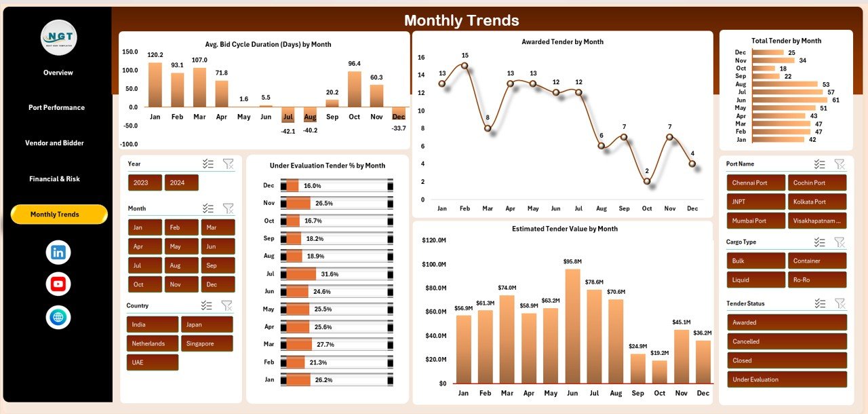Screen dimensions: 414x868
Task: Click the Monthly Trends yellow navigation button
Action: click(59, 214)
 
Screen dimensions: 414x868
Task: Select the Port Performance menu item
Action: click(56, 108)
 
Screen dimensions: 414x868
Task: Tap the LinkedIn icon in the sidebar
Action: click(58, 252)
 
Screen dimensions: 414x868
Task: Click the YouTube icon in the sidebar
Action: click(58, 284)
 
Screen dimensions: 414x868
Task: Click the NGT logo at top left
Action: click(58, 37)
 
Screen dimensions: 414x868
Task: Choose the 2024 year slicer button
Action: click(181, 183)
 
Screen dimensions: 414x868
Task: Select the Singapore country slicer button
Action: click(206, 343)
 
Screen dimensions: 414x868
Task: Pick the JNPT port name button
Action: click(755, 202)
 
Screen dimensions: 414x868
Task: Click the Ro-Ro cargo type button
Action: click(816, 280)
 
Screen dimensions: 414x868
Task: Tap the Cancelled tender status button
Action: click(787, 341)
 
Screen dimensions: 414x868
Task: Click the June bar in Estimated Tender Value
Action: click(572, 326)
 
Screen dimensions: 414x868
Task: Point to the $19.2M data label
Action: click(658, 353)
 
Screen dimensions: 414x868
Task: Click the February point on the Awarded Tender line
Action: click(465, 66)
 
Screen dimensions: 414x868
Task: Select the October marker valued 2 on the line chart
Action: click(647, 181)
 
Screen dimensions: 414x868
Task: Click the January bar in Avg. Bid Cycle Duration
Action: click(155, 85)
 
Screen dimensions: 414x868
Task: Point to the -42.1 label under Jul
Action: click(289, 131)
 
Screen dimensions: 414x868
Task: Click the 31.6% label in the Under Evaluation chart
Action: click(330, 274)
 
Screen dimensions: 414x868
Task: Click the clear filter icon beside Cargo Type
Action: click(840, 242)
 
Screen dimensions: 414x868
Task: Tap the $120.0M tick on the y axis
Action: click(433, 240)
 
